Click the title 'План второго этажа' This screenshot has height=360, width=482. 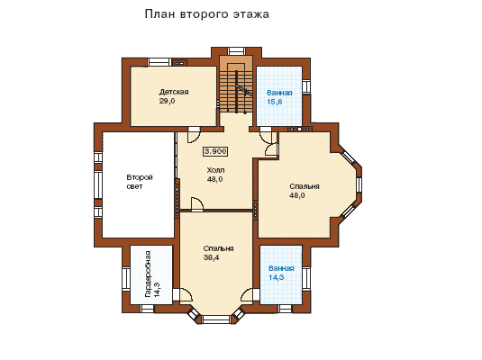point(207,14)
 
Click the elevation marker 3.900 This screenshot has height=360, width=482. point(215,151)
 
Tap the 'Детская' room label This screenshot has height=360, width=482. point(174,92)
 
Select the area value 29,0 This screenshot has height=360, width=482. point(167,101)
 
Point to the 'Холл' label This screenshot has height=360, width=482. point(215,170)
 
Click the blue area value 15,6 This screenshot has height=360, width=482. point(275,102)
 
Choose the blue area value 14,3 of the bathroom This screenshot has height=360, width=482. point(277,277)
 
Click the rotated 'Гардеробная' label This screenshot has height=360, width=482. point(148,274)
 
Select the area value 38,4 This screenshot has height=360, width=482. point(212,257)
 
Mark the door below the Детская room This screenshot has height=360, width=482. point(194,135)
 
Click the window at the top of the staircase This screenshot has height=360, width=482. point(236,51)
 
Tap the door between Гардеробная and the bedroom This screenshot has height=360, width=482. point(183,295)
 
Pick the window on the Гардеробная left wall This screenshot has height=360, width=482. point(126,279)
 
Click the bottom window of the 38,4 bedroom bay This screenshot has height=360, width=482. point(217,319)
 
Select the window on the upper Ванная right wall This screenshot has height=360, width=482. point(306,86)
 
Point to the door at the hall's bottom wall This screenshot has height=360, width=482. point(196,204)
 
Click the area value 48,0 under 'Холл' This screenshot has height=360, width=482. point(214,179)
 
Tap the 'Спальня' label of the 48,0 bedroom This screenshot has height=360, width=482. point(305,186)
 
